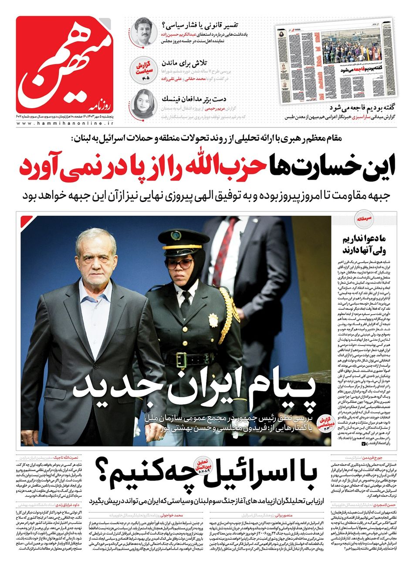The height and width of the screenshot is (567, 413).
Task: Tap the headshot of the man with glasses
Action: (x=143, y=31)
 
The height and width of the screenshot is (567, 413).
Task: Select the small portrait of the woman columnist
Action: (x=143, y=101)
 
